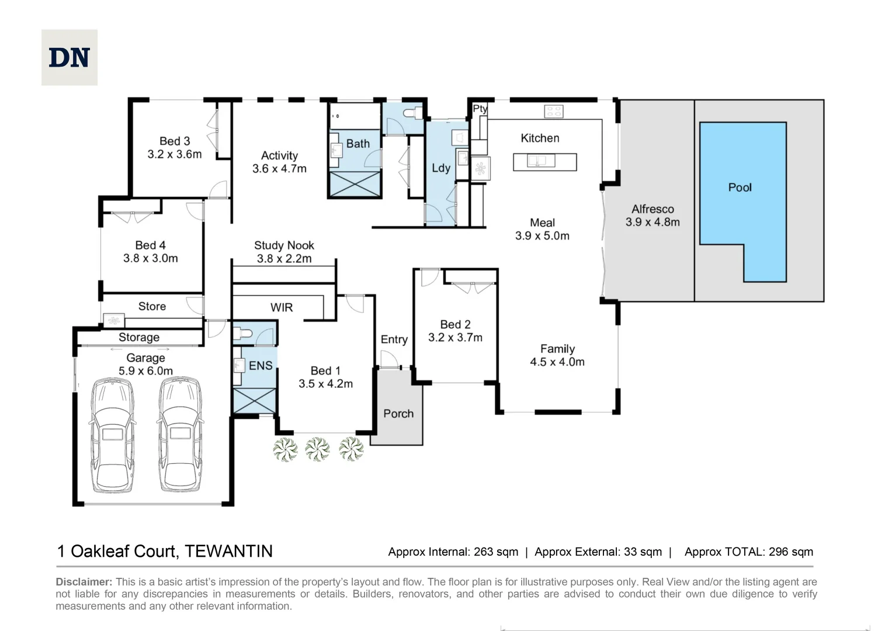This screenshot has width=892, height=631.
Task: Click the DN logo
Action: click(x=69, y=58)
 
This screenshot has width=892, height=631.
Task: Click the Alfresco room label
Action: click(x=652, y=209)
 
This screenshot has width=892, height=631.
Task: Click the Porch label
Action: click(x=398, y=414)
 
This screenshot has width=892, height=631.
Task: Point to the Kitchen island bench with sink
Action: click(x=544, y=161)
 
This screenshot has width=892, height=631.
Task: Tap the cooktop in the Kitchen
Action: click(x=553, y=110)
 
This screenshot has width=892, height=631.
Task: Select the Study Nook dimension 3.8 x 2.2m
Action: click(x=284, y=258)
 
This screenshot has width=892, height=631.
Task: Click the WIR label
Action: click(x=282, y=307)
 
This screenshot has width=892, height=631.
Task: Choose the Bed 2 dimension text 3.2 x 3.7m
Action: click(x=455, y=337)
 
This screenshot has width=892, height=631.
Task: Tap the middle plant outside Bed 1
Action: click(x=318, y=449)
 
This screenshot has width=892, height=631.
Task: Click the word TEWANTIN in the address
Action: click(x=228, y=551)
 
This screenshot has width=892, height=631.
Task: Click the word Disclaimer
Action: click(x=84, y=582)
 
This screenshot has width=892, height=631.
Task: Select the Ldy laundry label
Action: click(x=441, y=168)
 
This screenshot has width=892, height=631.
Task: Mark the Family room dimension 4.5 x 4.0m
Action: click(x=557, y=362)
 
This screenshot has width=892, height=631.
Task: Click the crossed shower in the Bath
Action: click(x=355, y=184)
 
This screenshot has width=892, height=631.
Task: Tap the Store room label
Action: click(x=152, y=306)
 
